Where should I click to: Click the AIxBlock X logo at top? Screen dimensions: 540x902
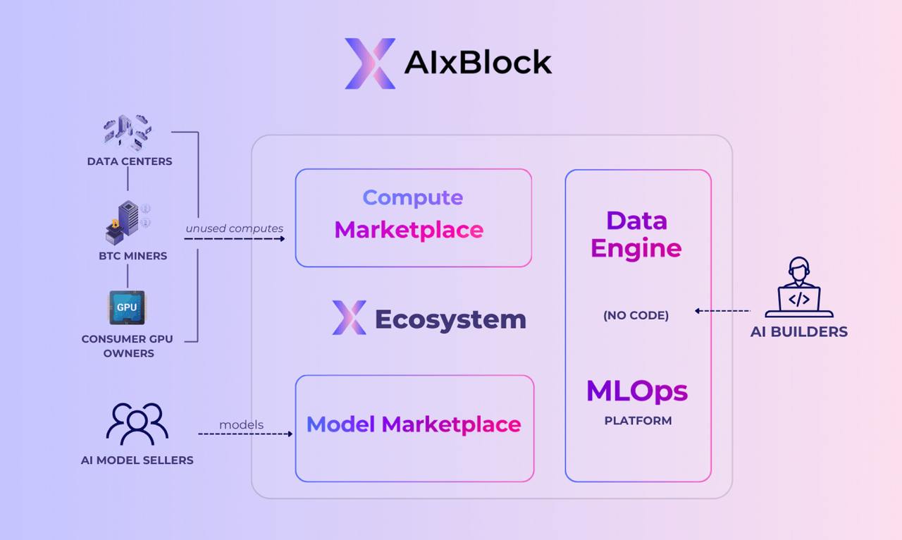coord(370,63)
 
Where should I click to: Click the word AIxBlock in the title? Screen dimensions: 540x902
coord(478,63)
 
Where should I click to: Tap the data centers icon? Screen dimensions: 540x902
coord(128,133)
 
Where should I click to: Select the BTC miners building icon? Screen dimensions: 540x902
coord(127,222)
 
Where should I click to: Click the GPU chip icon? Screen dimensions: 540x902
coord(127,307)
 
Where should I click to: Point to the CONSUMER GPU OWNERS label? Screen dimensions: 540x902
coord(128,345)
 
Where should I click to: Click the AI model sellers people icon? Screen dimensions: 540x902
coord(137,424)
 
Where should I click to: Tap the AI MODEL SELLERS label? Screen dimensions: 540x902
coord(137,460)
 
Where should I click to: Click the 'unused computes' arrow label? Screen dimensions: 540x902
coord(235,228)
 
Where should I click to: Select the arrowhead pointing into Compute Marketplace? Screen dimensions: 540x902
coord(282,239)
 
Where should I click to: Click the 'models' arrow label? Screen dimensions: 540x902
coord(241,424)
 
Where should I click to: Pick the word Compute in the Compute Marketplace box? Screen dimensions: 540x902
coord(413,197)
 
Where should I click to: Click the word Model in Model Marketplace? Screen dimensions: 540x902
coord(342,424)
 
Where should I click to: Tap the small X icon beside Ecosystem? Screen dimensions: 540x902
coord(350,317)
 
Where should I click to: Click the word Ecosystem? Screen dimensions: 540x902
coord(450,319)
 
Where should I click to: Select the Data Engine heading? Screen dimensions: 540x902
coord(636,235)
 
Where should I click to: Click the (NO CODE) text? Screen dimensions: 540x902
coord(636,315)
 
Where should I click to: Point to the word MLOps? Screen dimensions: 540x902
coord(637,391)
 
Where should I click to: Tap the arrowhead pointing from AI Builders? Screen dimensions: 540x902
coord(698,310)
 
